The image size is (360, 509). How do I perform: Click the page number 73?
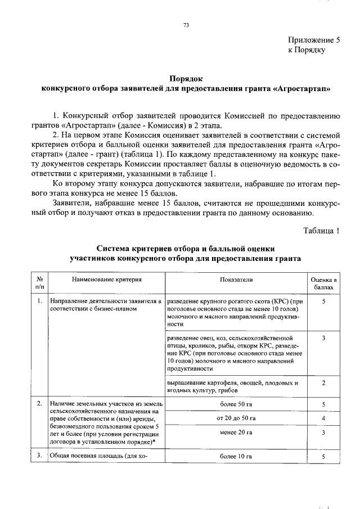pos(186,25)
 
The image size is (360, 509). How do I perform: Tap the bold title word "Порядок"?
pos(186,79)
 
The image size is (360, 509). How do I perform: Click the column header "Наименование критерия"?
pos(106,279)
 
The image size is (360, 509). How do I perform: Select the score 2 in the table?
pos(324,383)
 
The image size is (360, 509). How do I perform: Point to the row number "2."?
pos(39,404)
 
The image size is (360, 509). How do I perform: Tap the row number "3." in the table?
pos(39,456)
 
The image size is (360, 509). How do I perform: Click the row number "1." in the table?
pos(39,301)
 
